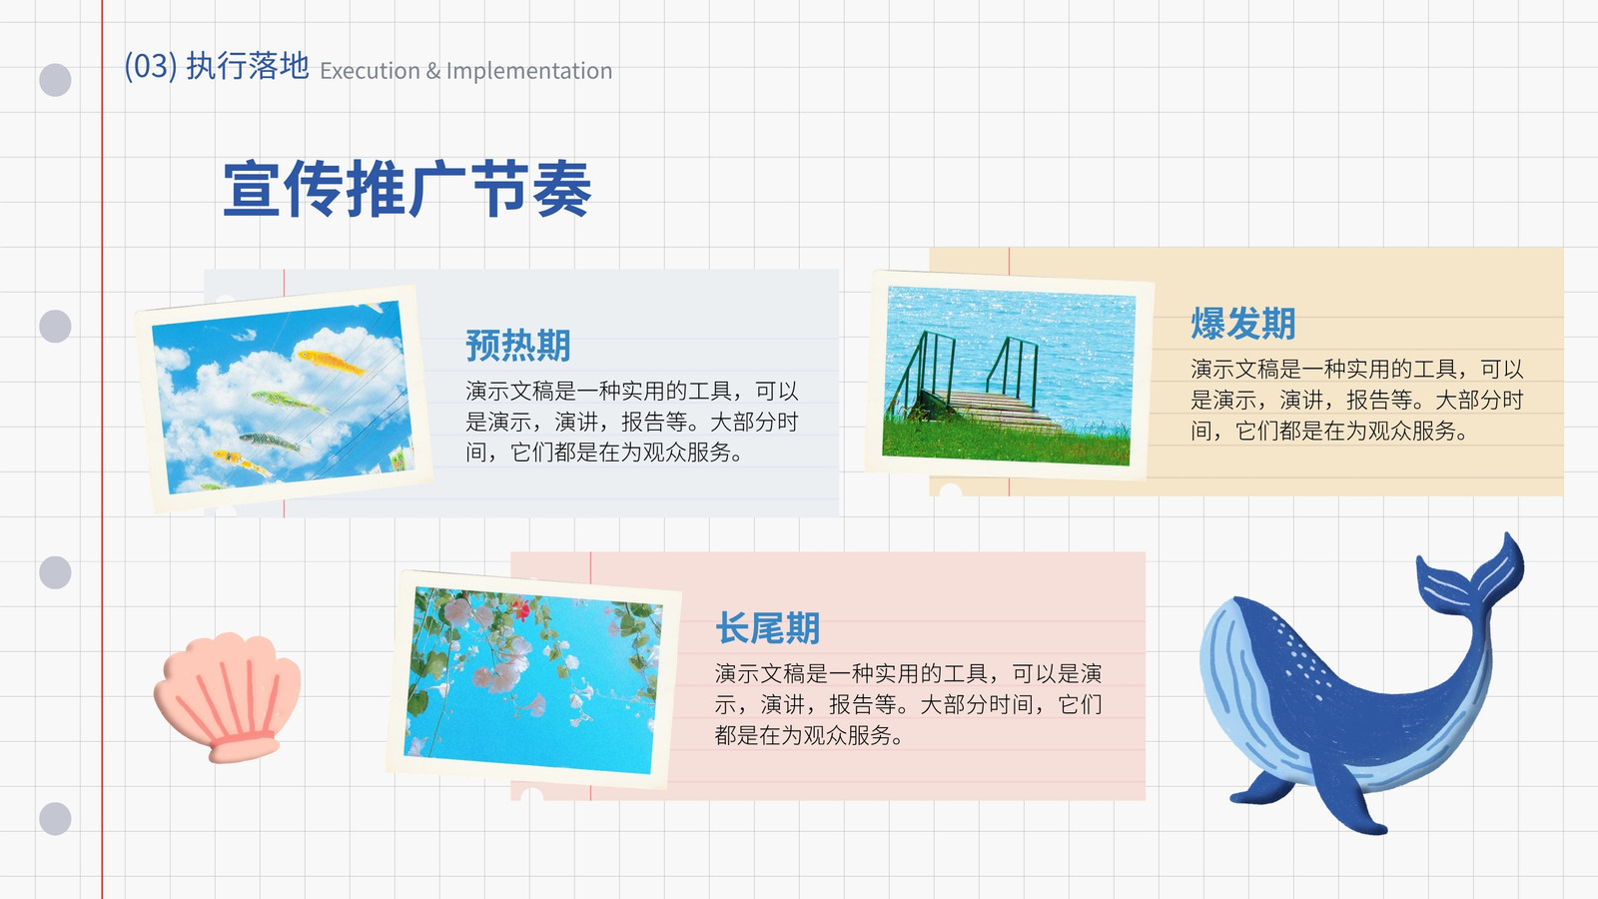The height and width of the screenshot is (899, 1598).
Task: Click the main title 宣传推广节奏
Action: tap(407, 189)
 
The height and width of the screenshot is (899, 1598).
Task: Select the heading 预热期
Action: tap(518, 346)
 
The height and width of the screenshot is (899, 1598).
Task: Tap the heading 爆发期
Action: tap(1242, 324)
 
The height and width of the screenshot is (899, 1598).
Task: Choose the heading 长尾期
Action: tap(768, 628)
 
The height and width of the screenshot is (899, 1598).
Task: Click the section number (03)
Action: tap(151, 66)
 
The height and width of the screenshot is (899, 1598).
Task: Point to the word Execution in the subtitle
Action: tap(370, 71)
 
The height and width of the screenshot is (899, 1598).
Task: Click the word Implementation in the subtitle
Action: tap(529, 71)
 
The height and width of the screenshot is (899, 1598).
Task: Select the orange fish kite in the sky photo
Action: tap(330, 362)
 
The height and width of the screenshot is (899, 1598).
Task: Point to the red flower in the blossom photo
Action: tap(522, 608)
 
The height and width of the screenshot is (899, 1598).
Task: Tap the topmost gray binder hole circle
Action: tap(55, 80)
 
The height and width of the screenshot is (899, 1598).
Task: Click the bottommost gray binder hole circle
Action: tap(55, 818)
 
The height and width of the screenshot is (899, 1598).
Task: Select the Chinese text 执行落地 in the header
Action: tap(248, 66)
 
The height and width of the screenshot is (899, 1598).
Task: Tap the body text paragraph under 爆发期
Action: tap(1357, 400)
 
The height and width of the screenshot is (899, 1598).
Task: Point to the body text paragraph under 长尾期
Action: tap(908, 704)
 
